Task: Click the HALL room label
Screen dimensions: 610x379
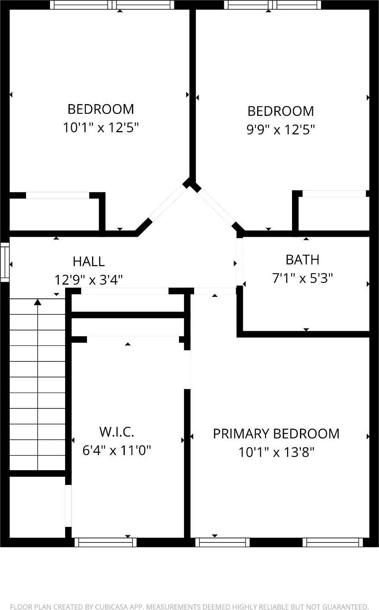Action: [89, 261]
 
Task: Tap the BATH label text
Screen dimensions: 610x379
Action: [302, 260]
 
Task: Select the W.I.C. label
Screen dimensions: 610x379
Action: [117, 432]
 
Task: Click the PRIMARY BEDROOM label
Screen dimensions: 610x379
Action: [276, 434]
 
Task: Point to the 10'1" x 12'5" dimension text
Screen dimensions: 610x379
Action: [101, 127]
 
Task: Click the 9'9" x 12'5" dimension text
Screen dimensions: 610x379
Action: [281, 129]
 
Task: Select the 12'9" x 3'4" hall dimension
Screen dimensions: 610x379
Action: [89, 280]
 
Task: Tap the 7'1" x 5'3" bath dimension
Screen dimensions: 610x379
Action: [303, 278]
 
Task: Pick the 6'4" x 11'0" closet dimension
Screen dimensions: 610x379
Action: [117, 450]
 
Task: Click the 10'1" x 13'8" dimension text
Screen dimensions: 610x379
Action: [276, 452]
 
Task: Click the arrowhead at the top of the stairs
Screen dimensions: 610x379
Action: [38, 302]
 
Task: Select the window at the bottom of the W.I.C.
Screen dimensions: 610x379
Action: [105, 542]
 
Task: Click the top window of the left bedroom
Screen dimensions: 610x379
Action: [112, 5]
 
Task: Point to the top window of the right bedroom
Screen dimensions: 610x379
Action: [273, 5]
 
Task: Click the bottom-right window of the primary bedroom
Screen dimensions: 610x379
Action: [333, 542]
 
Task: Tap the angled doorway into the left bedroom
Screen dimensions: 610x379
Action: [167, 203]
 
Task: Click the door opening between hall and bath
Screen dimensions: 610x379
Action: [240, 262]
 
